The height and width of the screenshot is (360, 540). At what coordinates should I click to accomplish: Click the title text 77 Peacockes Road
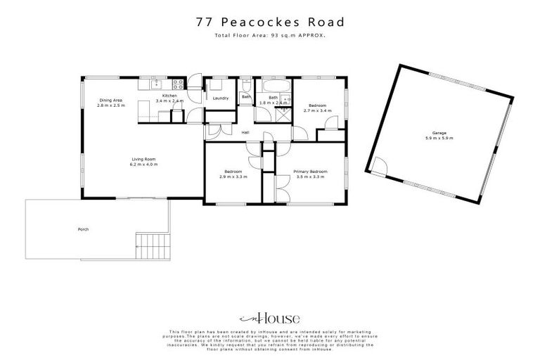[270, 22]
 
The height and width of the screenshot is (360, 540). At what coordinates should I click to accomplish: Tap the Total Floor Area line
[270, 34]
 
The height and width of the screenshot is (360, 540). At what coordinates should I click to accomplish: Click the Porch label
[84, 229]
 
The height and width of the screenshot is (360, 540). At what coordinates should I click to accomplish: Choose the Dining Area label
[111, 101]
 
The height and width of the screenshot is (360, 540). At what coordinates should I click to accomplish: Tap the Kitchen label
[169, 96]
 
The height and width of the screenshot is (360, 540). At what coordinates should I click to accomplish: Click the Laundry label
[220, 98]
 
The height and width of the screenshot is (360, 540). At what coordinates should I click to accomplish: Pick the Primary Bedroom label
[310, 172]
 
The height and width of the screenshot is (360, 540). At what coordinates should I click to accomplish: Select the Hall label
[245, 133]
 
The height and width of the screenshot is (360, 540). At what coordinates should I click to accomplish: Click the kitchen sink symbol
[157, 84]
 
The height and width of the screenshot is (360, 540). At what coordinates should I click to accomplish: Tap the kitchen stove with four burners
[179, 84]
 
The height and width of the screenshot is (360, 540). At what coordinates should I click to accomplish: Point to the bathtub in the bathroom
[274, 85]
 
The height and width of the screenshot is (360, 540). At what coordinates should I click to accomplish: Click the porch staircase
[151, 247]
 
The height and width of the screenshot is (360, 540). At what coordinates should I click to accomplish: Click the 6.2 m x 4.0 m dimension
[143, 165]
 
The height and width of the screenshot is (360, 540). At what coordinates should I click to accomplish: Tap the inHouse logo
[270, 317]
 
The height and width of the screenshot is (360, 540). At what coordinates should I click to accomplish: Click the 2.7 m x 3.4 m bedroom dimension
[317, 110]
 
